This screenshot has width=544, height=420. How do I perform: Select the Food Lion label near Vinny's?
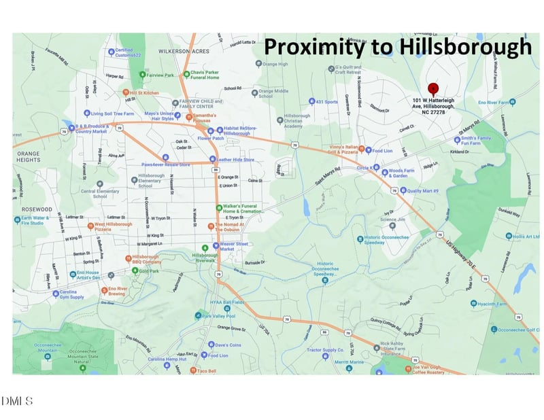point(382,150)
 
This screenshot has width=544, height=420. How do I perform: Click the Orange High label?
point(275,64)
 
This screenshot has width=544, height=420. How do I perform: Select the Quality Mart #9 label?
point(423,191)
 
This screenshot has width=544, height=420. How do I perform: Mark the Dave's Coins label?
point(229,345)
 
